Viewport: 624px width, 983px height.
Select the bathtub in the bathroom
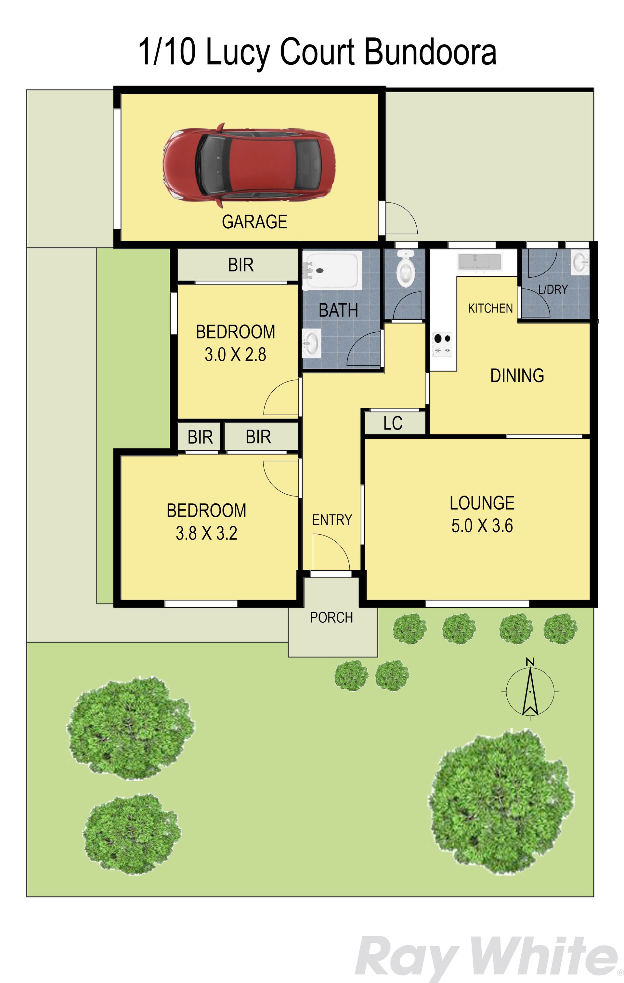332,270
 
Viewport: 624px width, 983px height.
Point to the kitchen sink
479,262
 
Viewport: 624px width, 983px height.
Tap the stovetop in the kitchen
442,345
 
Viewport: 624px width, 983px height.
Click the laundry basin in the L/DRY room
580,262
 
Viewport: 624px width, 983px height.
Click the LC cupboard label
393,423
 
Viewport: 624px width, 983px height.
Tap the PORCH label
331,618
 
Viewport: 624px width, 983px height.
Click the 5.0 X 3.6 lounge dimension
482,526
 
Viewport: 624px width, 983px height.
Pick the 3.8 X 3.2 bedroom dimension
206,533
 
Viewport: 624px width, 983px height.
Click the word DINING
517,376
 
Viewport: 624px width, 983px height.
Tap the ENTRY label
332,520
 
